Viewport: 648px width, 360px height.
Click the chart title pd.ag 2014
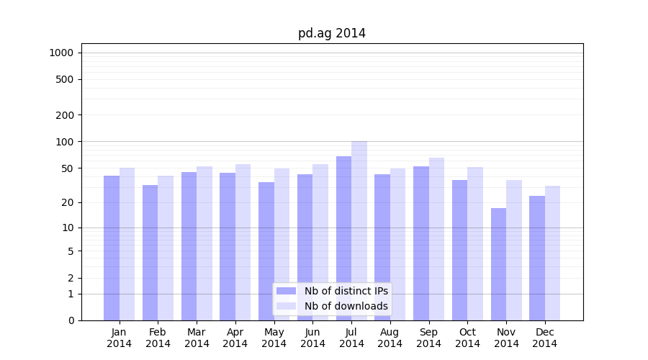click(332, 34)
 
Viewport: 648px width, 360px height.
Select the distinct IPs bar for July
click(343, 238)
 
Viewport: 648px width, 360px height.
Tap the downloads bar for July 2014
click(359, 230)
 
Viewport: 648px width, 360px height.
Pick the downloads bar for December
click(552, 253)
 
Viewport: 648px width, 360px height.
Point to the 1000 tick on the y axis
click(61, 53)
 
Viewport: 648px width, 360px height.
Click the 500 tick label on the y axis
click(65, 79)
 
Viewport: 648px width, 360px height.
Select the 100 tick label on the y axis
click(65, 142)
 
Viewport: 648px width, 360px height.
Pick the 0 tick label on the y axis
click(71, 320)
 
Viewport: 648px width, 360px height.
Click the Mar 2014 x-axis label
click(197, 338)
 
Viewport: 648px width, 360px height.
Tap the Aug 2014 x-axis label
click(390, 338)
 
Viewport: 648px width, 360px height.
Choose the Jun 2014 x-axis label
click(312, 338)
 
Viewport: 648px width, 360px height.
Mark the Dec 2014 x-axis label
click(545, 338)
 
